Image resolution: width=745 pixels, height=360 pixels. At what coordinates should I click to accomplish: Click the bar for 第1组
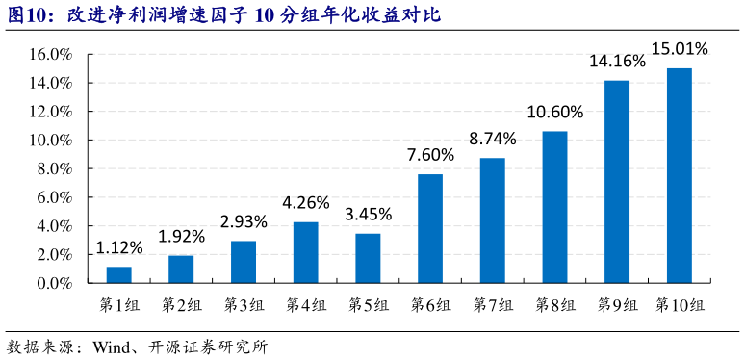coord(119,275)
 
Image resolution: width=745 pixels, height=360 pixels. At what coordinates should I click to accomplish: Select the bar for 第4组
coord(305,253)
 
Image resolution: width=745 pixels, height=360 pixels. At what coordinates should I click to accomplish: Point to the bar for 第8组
coord(554,208)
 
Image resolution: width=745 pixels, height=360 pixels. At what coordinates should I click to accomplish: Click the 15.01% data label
coord(680,48)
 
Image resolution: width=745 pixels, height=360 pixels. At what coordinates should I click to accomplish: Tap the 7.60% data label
coord(430,154)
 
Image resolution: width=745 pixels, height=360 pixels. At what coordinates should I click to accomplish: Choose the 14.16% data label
coord(617,62)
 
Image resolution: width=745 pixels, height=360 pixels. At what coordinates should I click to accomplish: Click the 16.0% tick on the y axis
coord(53,55)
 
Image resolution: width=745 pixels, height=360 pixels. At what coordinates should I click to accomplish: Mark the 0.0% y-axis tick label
coord(56,284)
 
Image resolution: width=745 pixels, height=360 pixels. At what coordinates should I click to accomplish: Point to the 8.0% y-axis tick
coord(56,169)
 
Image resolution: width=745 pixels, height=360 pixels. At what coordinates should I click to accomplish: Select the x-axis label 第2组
coord(181,305)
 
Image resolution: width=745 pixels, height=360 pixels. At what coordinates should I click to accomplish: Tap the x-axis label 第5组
coord(368,305)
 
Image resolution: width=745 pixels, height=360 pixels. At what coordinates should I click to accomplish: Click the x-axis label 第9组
coord(617,305)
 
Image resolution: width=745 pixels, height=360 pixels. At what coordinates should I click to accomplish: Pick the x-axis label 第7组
coord(492,305)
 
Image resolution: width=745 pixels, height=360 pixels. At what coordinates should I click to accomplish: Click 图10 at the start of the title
coord(30,15)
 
